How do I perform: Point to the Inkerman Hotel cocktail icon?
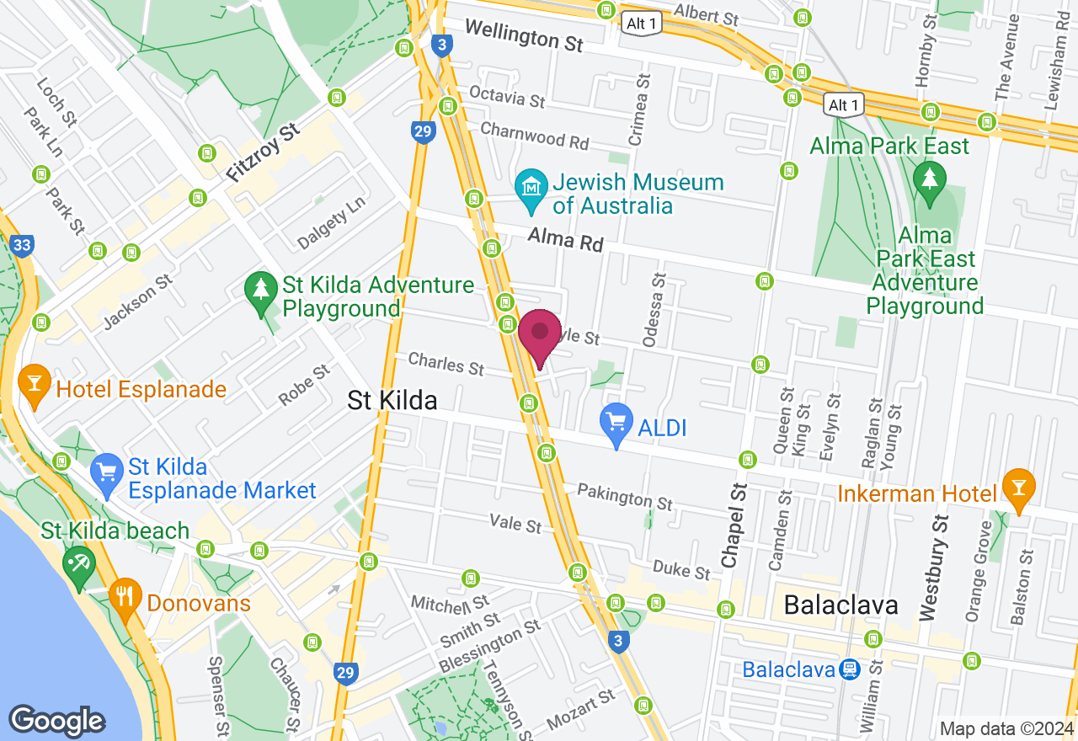[x=1019, y=488]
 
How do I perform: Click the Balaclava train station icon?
[x=848, y=669]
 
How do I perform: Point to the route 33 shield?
[x=23, y=246]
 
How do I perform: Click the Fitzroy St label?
[x=263, y=153]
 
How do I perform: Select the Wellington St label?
[x=523, y=36]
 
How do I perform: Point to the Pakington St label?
[x=625, y=497]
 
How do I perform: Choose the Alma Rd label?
[x=566, y=242]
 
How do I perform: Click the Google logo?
[x=57, y=722]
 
